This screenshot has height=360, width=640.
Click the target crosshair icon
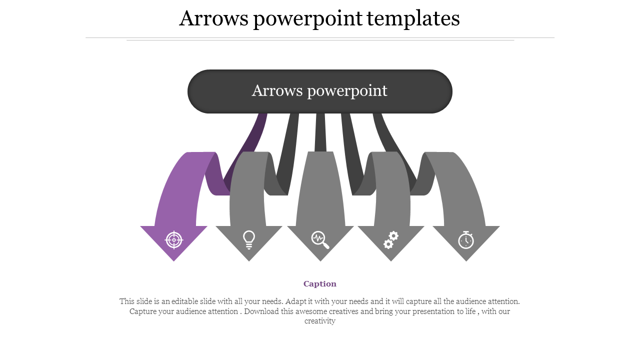point(174,240)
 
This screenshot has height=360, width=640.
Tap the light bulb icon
point(248,240)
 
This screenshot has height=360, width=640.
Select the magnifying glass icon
point(320,239)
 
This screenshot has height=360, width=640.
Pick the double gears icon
point(391,239)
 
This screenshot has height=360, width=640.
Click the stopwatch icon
point(466,239)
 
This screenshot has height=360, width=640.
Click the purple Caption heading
point(320,284)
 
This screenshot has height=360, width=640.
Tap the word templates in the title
point(413,19)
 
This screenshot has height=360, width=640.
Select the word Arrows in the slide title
point(213,19)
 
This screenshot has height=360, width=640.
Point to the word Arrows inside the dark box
point(276,91)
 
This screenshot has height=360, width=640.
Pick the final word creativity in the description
point(320,321)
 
